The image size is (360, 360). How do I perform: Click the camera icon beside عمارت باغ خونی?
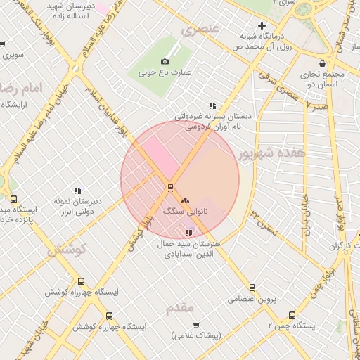click(x=165, y=62)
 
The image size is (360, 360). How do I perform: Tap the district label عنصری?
click(x=200, y=30)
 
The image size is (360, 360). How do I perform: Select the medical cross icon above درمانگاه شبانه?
click(x=262, y=25)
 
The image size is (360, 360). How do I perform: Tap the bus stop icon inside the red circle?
click(x=169, y=188)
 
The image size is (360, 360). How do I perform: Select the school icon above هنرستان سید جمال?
click(x=188, y=233)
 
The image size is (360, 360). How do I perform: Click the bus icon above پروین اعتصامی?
click(x=252, y=288)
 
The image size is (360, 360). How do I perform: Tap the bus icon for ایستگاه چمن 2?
click(x=292, y=315)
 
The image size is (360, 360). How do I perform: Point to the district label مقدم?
click(x=179, y=309)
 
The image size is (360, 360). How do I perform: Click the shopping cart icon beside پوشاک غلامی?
click(x=196, y=326)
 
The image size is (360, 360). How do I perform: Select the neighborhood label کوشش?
click(x=66, y=250)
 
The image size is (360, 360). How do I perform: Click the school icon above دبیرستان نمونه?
click(x=77, y=191)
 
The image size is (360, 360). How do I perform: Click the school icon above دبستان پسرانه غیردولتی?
click(x=212, y=105)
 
